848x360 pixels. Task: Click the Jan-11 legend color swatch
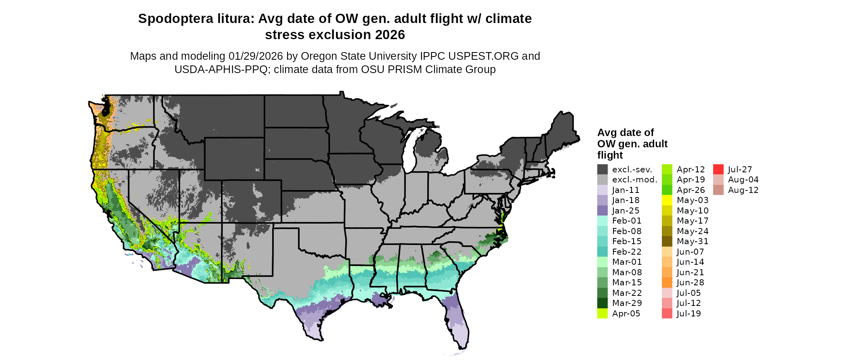click(x=602, y=190)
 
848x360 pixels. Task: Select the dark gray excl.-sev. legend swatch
click(x=602, y=170)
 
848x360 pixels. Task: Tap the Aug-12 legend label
click(x=743, y=190)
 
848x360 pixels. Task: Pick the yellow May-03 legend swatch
click(x=667, y=200)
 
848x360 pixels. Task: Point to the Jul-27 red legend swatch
click(x=718, y=170)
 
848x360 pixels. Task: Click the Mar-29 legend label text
click(x=627, y=303)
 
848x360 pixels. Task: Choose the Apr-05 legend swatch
click(x=602, y=314)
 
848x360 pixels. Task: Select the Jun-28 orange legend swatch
click(x=667, y=283)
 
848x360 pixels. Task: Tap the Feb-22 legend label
click(x=627, y=252)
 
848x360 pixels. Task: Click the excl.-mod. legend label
click(x=634, y=180)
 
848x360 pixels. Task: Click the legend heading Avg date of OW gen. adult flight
click(x=632, y=144)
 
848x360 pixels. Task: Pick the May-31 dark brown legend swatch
click(x=667, y=241)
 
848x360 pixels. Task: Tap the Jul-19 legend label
click(x=688, y=314)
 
